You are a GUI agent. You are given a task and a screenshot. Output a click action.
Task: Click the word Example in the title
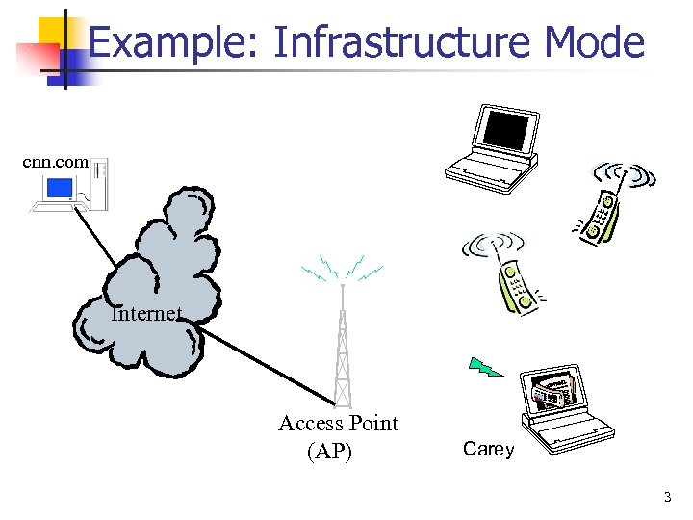170,42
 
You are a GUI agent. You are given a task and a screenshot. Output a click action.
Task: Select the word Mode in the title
593,42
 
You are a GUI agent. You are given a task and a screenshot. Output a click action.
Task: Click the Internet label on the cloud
145,313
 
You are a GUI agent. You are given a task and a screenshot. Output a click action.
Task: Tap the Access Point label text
338,423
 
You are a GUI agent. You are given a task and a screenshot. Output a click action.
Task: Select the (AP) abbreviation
329,451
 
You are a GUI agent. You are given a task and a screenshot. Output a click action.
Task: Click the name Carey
489,449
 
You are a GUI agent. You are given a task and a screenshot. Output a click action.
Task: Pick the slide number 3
666,497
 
